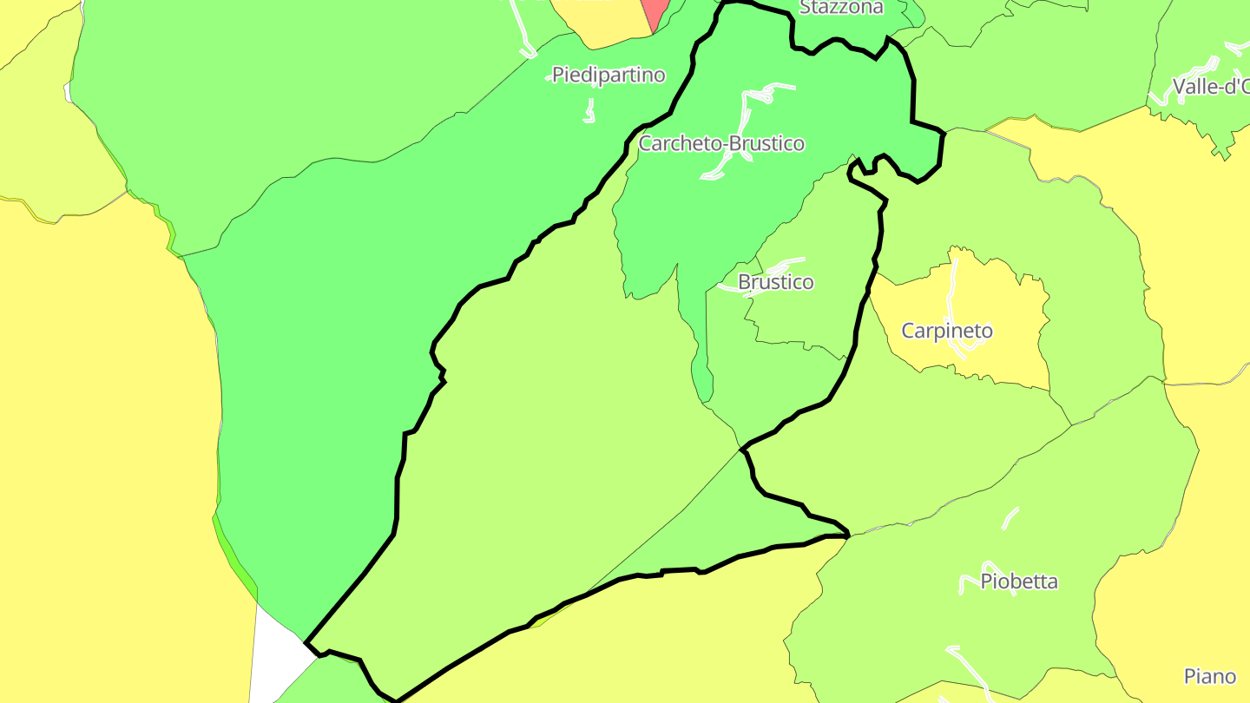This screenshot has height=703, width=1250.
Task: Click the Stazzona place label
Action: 840,8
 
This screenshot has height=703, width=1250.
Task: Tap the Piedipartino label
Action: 609,76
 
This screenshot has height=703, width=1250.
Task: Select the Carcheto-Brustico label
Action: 721,144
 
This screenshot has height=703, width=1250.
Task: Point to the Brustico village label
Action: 775,282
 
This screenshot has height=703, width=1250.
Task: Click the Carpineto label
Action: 946,331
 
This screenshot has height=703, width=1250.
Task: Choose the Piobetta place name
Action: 1018,581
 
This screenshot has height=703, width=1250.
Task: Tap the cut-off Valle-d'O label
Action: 1210,87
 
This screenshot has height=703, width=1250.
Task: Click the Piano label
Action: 1209,676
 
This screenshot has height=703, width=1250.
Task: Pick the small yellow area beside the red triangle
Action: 599,22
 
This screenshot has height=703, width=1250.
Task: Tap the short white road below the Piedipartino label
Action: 590,110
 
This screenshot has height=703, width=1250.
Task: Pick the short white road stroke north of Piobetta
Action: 1009,518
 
